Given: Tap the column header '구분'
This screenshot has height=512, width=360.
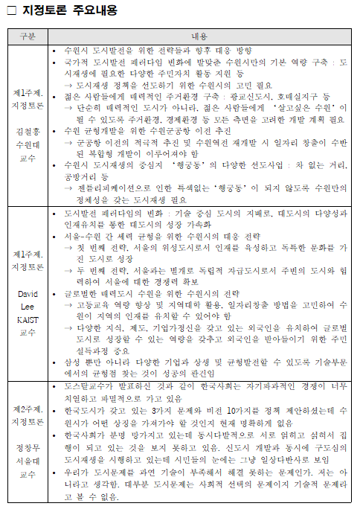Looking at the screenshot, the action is tap(28, 36).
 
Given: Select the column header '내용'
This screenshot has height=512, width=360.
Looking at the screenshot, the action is tap(199, 36).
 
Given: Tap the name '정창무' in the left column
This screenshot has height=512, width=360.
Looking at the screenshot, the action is tap(28, 448).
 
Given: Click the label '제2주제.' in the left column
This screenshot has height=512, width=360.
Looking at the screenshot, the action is tap(28, 409).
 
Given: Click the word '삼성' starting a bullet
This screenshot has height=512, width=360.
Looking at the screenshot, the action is tap(73, 362).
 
